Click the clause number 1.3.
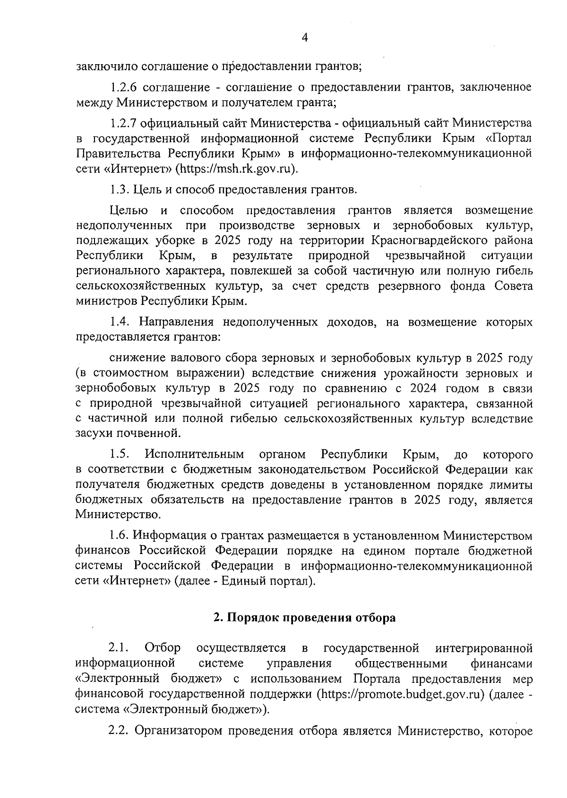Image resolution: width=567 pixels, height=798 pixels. coord(119,190)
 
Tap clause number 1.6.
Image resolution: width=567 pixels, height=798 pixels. coord(119,536)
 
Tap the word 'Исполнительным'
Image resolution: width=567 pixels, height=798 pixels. coord(195,454)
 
